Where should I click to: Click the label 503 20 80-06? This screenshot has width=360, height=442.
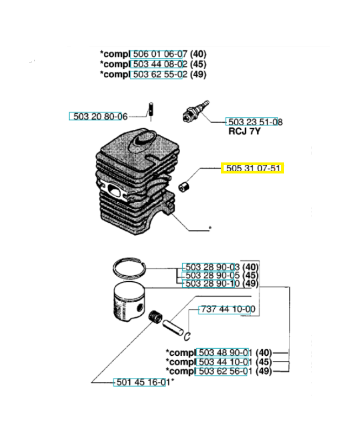click(98, 117)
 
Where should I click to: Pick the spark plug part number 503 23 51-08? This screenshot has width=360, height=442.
click(253, 122)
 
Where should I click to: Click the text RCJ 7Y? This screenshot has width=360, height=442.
click(245, 132)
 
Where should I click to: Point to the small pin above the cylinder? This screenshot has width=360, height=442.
click(150, 108)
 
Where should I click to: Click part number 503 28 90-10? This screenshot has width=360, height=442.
click(212, 285)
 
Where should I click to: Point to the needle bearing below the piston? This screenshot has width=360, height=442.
click(156, 317)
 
